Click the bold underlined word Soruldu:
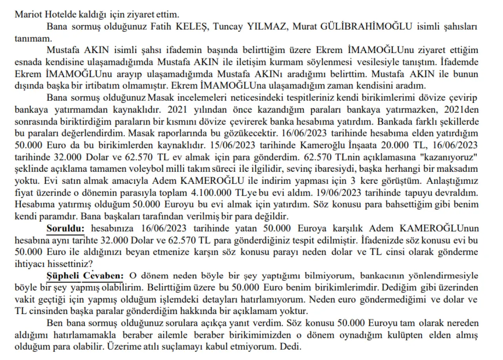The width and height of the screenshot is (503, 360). click(x=66, y=228)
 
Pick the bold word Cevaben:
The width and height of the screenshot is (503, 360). click(x=104, y=276)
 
